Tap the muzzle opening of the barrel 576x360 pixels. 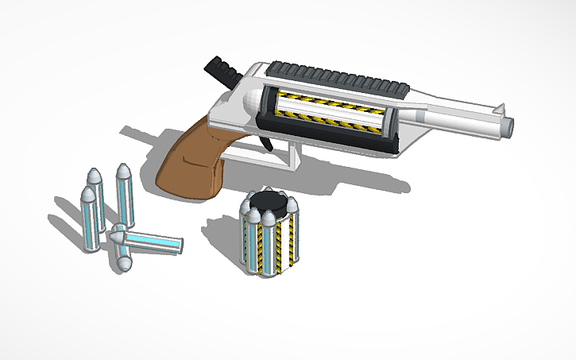click(509, 126)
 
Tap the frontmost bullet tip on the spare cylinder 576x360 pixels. click(269, 219)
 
